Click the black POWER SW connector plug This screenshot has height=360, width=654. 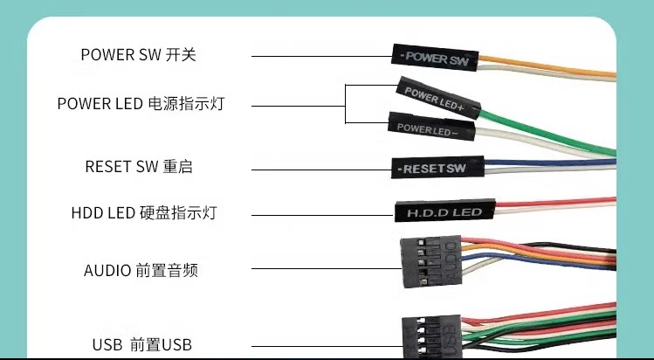pyautogui.click(x=435, y=57)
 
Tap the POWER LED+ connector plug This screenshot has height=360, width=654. pyautogui.click(x=438, y=98)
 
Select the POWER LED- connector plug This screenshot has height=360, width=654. pyautogui.click(x=431, y=127)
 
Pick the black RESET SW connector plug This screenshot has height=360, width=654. pyautogui.click(x=437, y=167)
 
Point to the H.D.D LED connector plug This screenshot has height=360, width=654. pyautogui.click(x=445, y=211)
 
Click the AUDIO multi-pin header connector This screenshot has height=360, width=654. pyautogui.click(x=431, y=261)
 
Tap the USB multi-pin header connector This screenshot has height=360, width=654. pyautogui.click(x=431, y=337)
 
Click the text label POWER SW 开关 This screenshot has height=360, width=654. pyautogui.click(x=139, y=55)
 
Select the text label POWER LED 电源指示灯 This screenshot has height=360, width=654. pyautogui.click(x=141, y=103)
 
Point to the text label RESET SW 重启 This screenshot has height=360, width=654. pyautogui.click(x=139, y=166)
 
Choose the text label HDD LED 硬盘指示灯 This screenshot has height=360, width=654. pyautogui.click(x=144, y=212)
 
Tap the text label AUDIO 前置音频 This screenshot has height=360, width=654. pyautogui.click(x=141, y=270)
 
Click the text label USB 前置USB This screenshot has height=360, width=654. pyautogui.click(x=142, y=345)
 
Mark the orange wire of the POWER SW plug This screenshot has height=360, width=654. pyautogui.click(x=547, y=66)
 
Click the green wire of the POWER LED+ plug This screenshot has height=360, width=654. pyautogui.click(x=547, y=130)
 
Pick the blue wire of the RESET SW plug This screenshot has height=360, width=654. pyautogui.click(x=550, y=163)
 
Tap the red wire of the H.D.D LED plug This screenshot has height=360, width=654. pyautogui.click(x=555, y=202)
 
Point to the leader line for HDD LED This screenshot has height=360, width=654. pyautogui.click(x=323, y=215)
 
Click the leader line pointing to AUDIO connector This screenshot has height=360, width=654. pyautogui.click(x=327, y=268)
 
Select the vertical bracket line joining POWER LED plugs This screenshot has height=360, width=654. pyautogui.click(x=346, y=104)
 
